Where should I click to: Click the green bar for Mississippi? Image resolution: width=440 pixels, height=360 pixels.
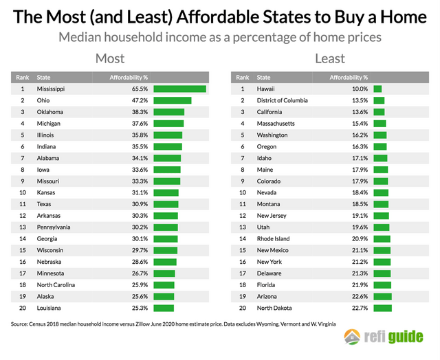[180, 89]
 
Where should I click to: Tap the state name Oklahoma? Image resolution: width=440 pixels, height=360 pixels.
[50, 112]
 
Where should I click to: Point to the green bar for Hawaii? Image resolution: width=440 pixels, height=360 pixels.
[377, 89]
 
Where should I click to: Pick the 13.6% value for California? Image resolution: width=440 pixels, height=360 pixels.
[359, 112]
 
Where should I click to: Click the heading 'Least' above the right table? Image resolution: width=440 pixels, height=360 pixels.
[330, 59]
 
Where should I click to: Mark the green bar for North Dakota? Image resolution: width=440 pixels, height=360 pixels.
[382, 308]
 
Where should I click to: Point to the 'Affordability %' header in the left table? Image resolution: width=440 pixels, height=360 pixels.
[129, 78]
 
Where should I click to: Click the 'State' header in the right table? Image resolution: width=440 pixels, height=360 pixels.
[264, 78]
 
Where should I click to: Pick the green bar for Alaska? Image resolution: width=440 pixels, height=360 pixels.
[164, 296]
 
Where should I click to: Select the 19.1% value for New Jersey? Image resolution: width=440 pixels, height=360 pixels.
[359, 216]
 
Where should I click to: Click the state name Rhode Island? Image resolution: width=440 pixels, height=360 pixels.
[274, 238]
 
